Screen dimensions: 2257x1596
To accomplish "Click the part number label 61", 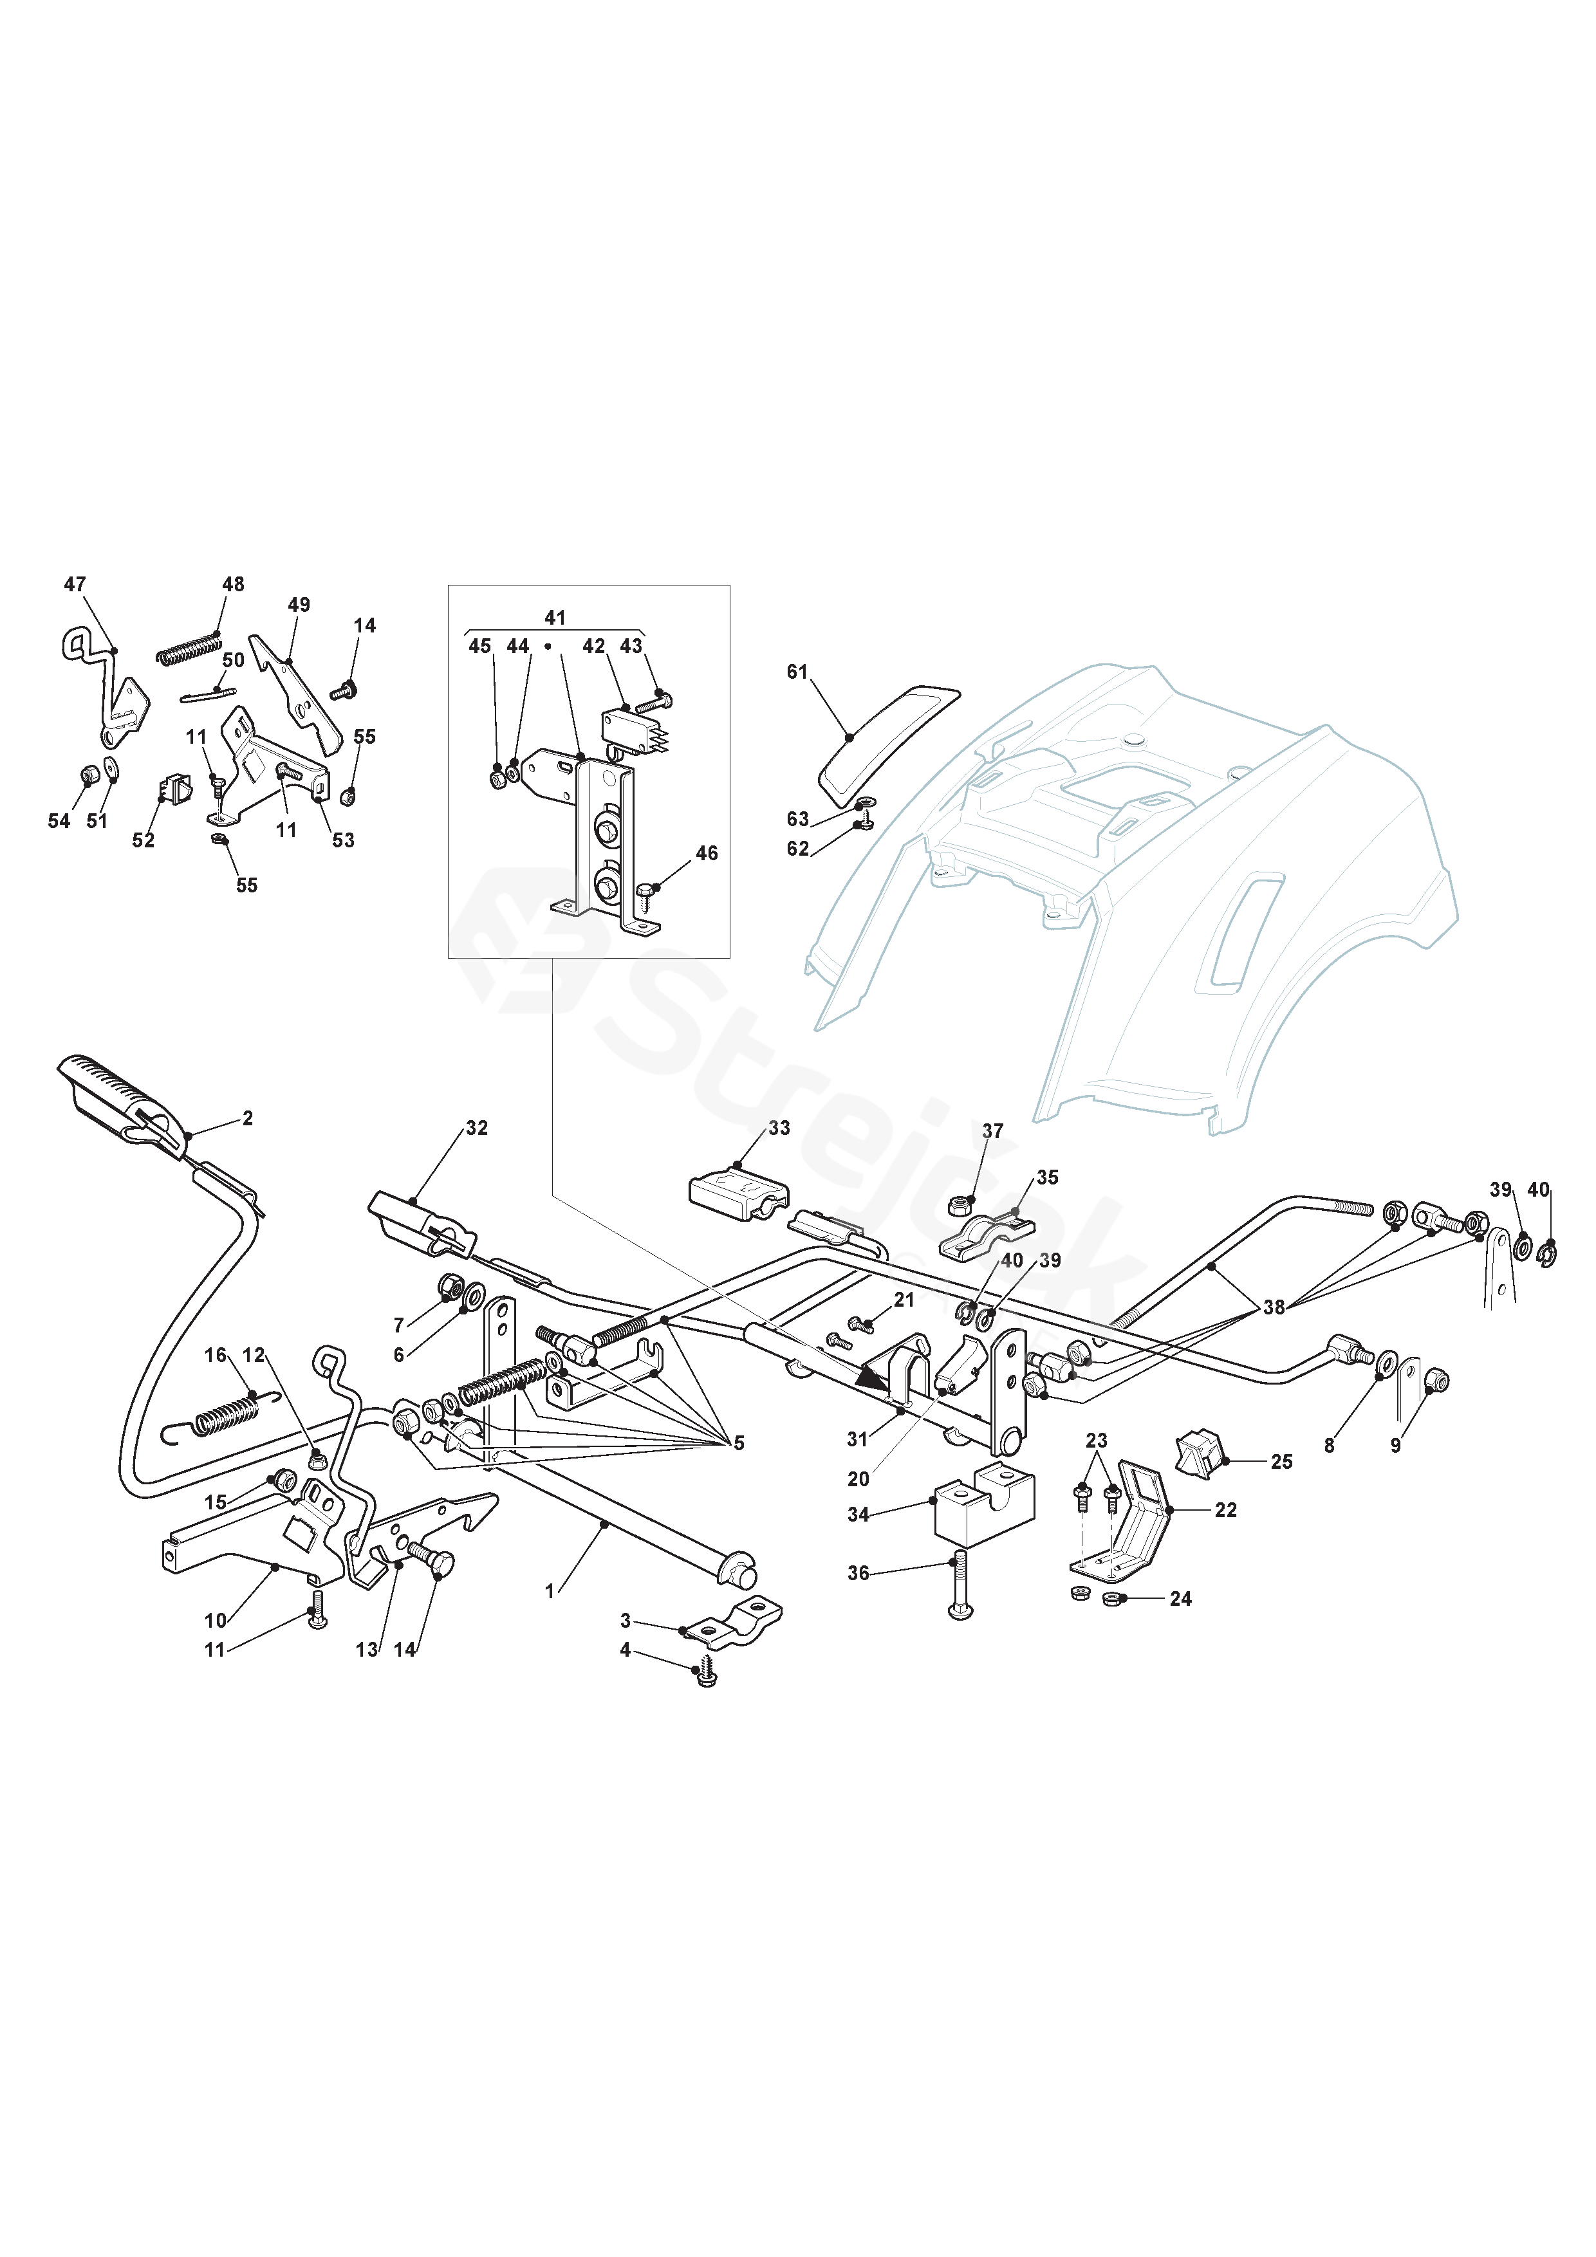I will (x=797, y=672).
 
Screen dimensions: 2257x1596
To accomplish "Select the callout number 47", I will (x=75, y=585).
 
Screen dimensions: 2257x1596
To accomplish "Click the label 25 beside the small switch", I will (x=1281, y=1462).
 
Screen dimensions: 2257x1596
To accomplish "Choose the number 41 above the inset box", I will (x=555, y=618).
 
